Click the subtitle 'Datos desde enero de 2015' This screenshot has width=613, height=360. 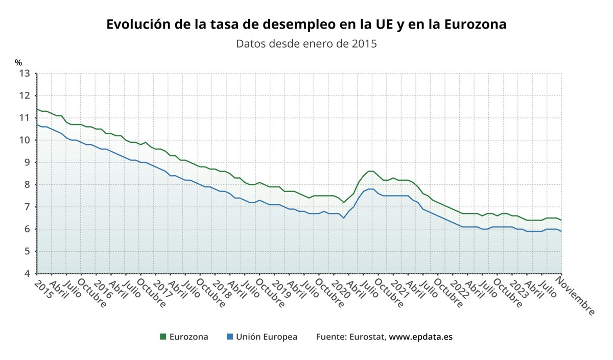306,43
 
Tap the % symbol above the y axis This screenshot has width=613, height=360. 18,63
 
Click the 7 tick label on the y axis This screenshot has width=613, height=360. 27,207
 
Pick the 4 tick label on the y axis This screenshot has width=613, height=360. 27,274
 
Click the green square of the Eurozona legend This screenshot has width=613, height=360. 163,337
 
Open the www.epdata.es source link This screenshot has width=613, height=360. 421,337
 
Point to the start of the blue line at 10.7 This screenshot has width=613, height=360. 37,124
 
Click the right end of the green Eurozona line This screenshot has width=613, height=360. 561,220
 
